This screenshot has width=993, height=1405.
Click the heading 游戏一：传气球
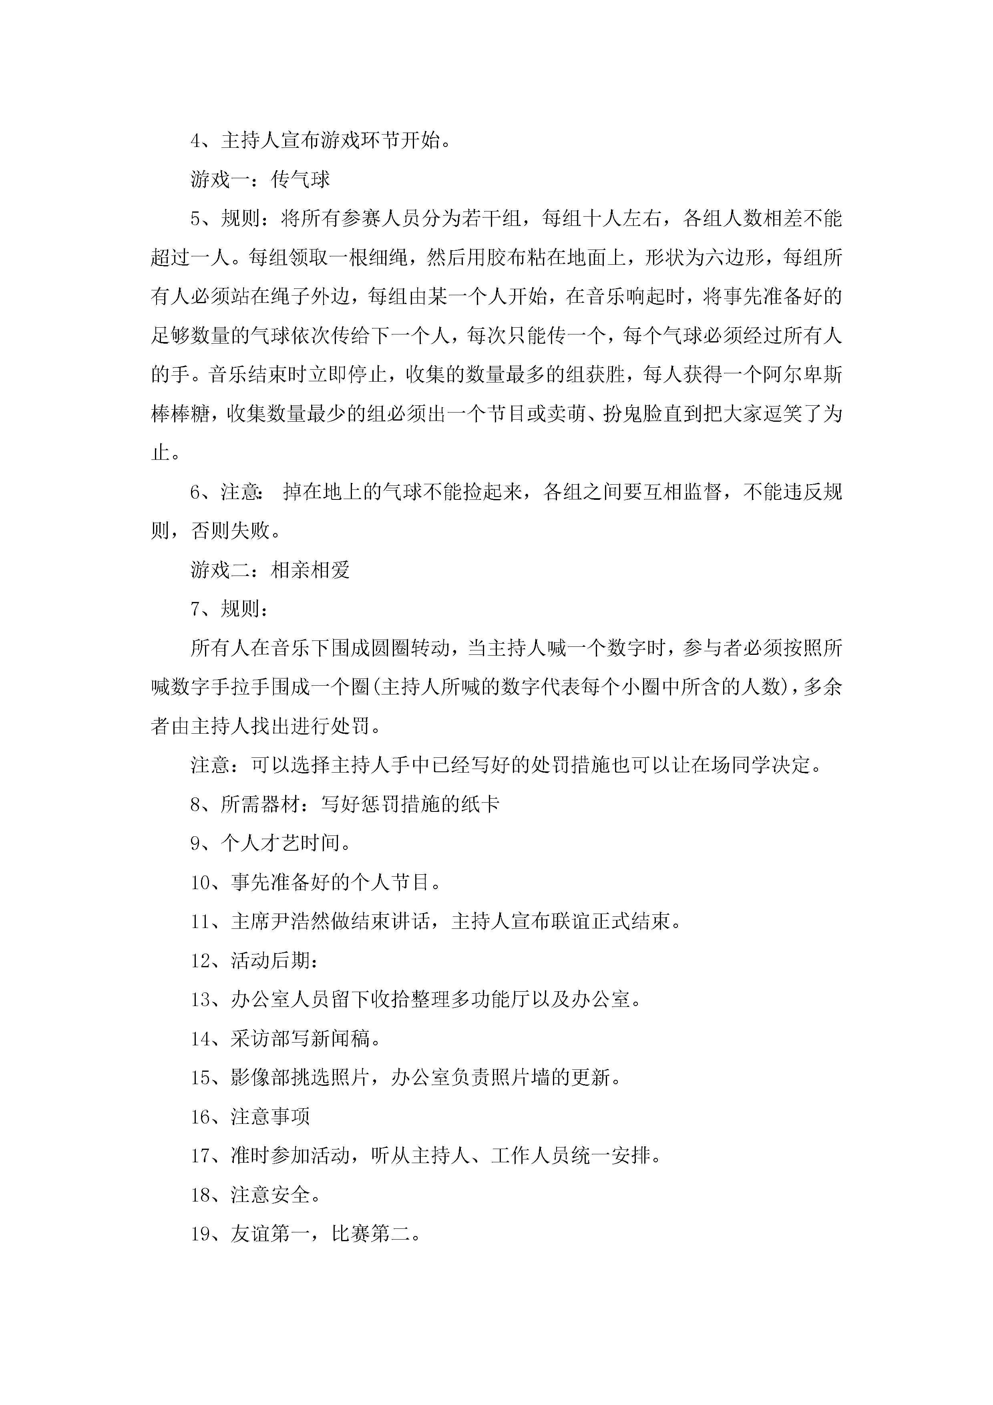pos(260,179)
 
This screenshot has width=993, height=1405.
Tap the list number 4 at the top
pos(196,141)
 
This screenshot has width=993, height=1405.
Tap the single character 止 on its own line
pos(160,453)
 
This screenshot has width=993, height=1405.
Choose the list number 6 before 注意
pos(196,492)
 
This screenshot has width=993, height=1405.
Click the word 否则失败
pos(231,531)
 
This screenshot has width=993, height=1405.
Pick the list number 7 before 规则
pos(196,609)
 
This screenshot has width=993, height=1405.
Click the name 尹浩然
pos(300,922)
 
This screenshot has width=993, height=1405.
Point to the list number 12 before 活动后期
pos(201,961)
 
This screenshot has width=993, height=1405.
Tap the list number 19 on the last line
pos(201,1234)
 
